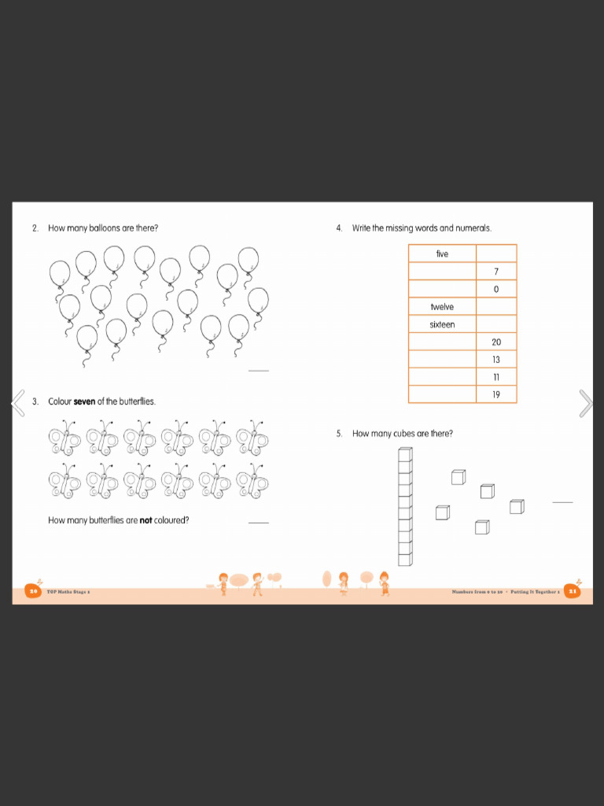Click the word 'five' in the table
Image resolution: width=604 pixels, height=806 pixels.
(x=442, y=253)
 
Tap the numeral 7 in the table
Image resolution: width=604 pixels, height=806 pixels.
(x=496, y=272)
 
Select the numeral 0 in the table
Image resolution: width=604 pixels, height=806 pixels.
(x=496, y=290)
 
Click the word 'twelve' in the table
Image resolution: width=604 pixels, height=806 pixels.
(x=442, y=307)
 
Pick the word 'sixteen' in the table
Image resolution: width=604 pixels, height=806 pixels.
(x=442, y=324)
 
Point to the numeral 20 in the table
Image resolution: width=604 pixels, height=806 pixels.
(x=496, y=342)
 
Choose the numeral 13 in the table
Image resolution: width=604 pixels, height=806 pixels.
(x=496, y=360)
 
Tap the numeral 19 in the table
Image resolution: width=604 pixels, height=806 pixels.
(x=496, y=394)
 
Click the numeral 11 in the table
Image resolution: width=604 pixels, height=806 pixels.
(x=496, y=377)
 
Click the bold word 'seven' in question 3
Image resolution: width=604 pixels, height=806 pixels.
(x=84, y=401)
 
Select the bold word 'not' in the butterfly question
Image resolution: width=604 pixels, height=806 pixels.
(x=145, y=520)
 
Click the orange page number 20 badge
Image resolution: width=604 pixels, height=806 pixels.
(x=33, y=591)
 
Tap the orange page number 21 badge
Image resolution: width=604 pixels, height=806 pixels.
(x=573, y=591)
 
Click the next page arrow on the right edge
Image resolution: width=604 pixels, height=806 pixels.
(x=585, y=402)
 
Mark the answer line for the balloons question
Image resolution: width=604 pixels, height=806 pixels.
(x=258, y=371)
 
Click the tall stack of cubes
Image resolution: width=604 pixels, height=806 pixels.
(x=405, y=507)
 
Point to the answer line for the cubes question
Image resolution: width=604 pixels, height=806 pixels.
(x=562, y=501)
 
